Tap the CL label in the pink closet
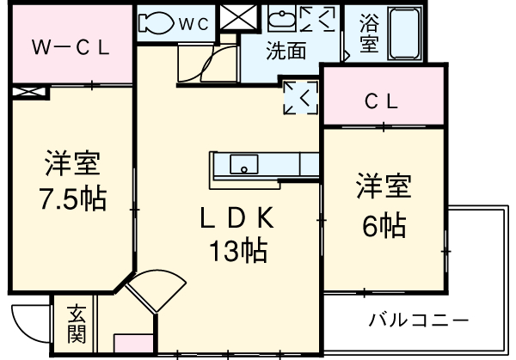(x=381, y=101)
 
